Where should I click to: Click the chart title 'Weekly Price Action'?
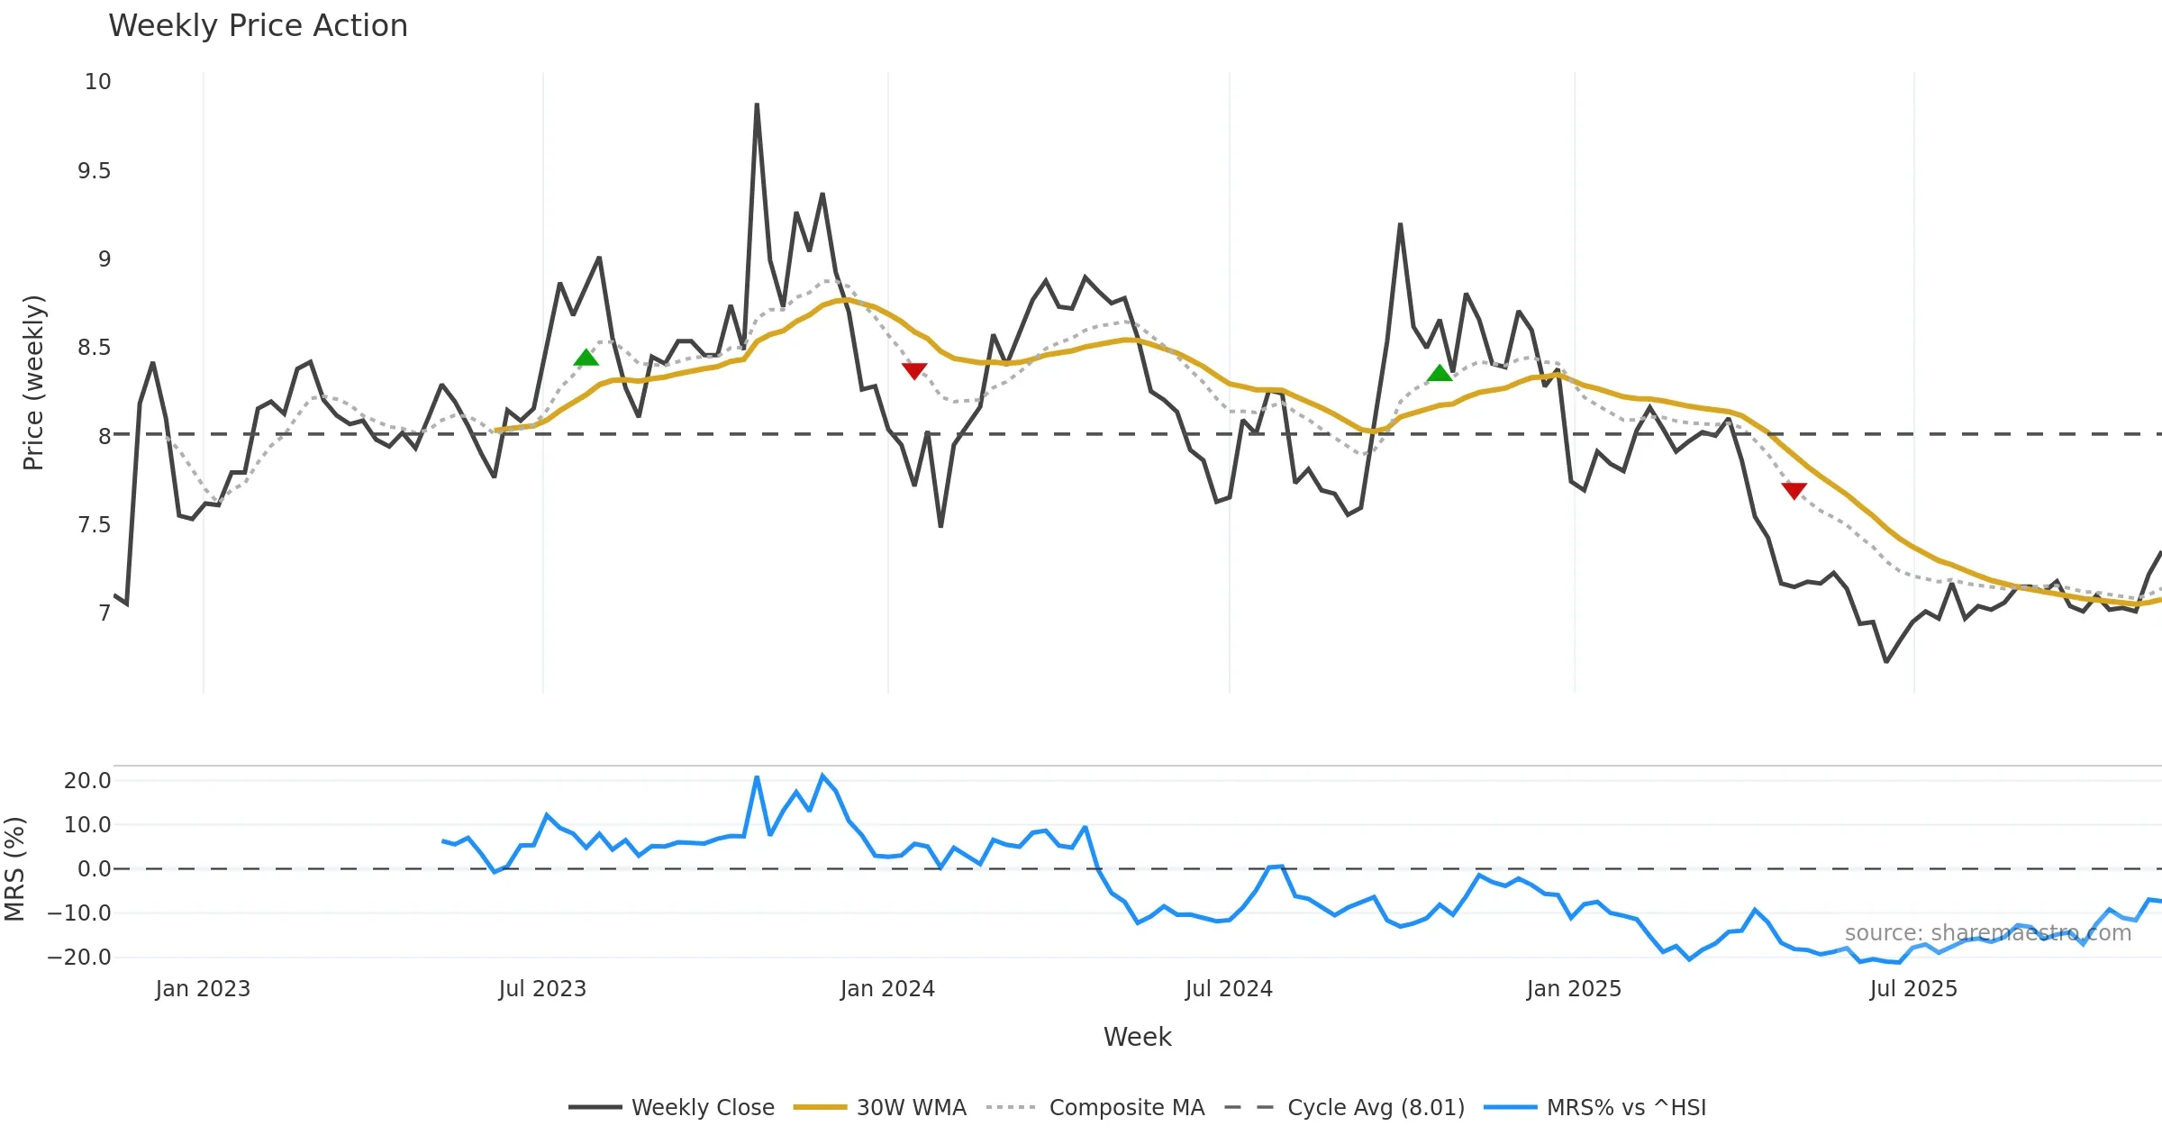[258, 26]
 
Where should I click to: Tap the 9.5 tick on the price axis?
[94, 171]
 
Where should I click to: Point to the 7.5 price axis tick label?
[94, 525]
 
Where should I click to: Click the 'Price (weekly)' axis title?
[33, 383]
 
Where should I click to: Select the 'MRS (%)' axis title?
[15, 868]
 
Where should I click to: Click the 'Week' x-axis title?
[1137, 1037]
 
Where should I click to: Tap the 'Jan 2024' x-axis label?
[887, 989]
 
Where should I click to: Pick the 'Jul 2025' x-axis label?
[1912, 989]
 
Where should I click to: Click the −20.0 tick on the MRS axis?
[79, 958]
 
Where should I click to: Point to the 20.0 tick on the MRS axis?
[87, 781]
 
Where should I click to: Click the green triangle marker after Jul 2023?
[586, 359]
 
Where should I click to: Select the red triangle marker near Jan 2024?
[914, 370]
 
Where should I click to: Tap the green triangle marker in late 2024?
[1440, 374]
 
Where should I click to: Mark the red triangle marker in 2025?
[1794, 490]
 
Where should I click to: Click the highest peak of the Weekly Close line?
[757, 105]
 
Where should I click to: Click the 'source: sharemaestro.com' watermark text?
[1987, 933]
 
